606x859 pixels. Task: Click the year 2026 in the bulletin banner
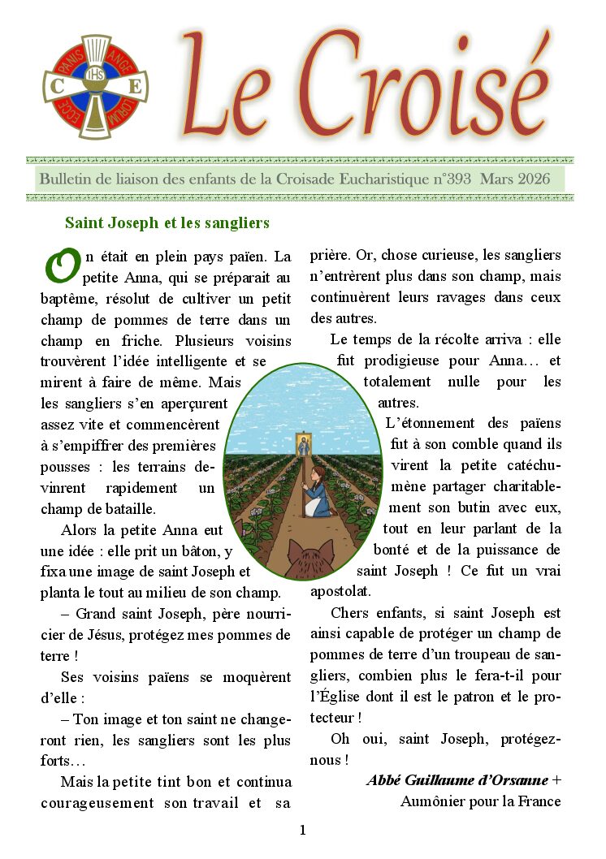(533, 179)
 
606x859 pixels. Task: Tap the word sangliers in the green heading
(240, 222)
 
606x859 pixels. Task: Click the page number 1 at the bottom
(302, 830)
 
